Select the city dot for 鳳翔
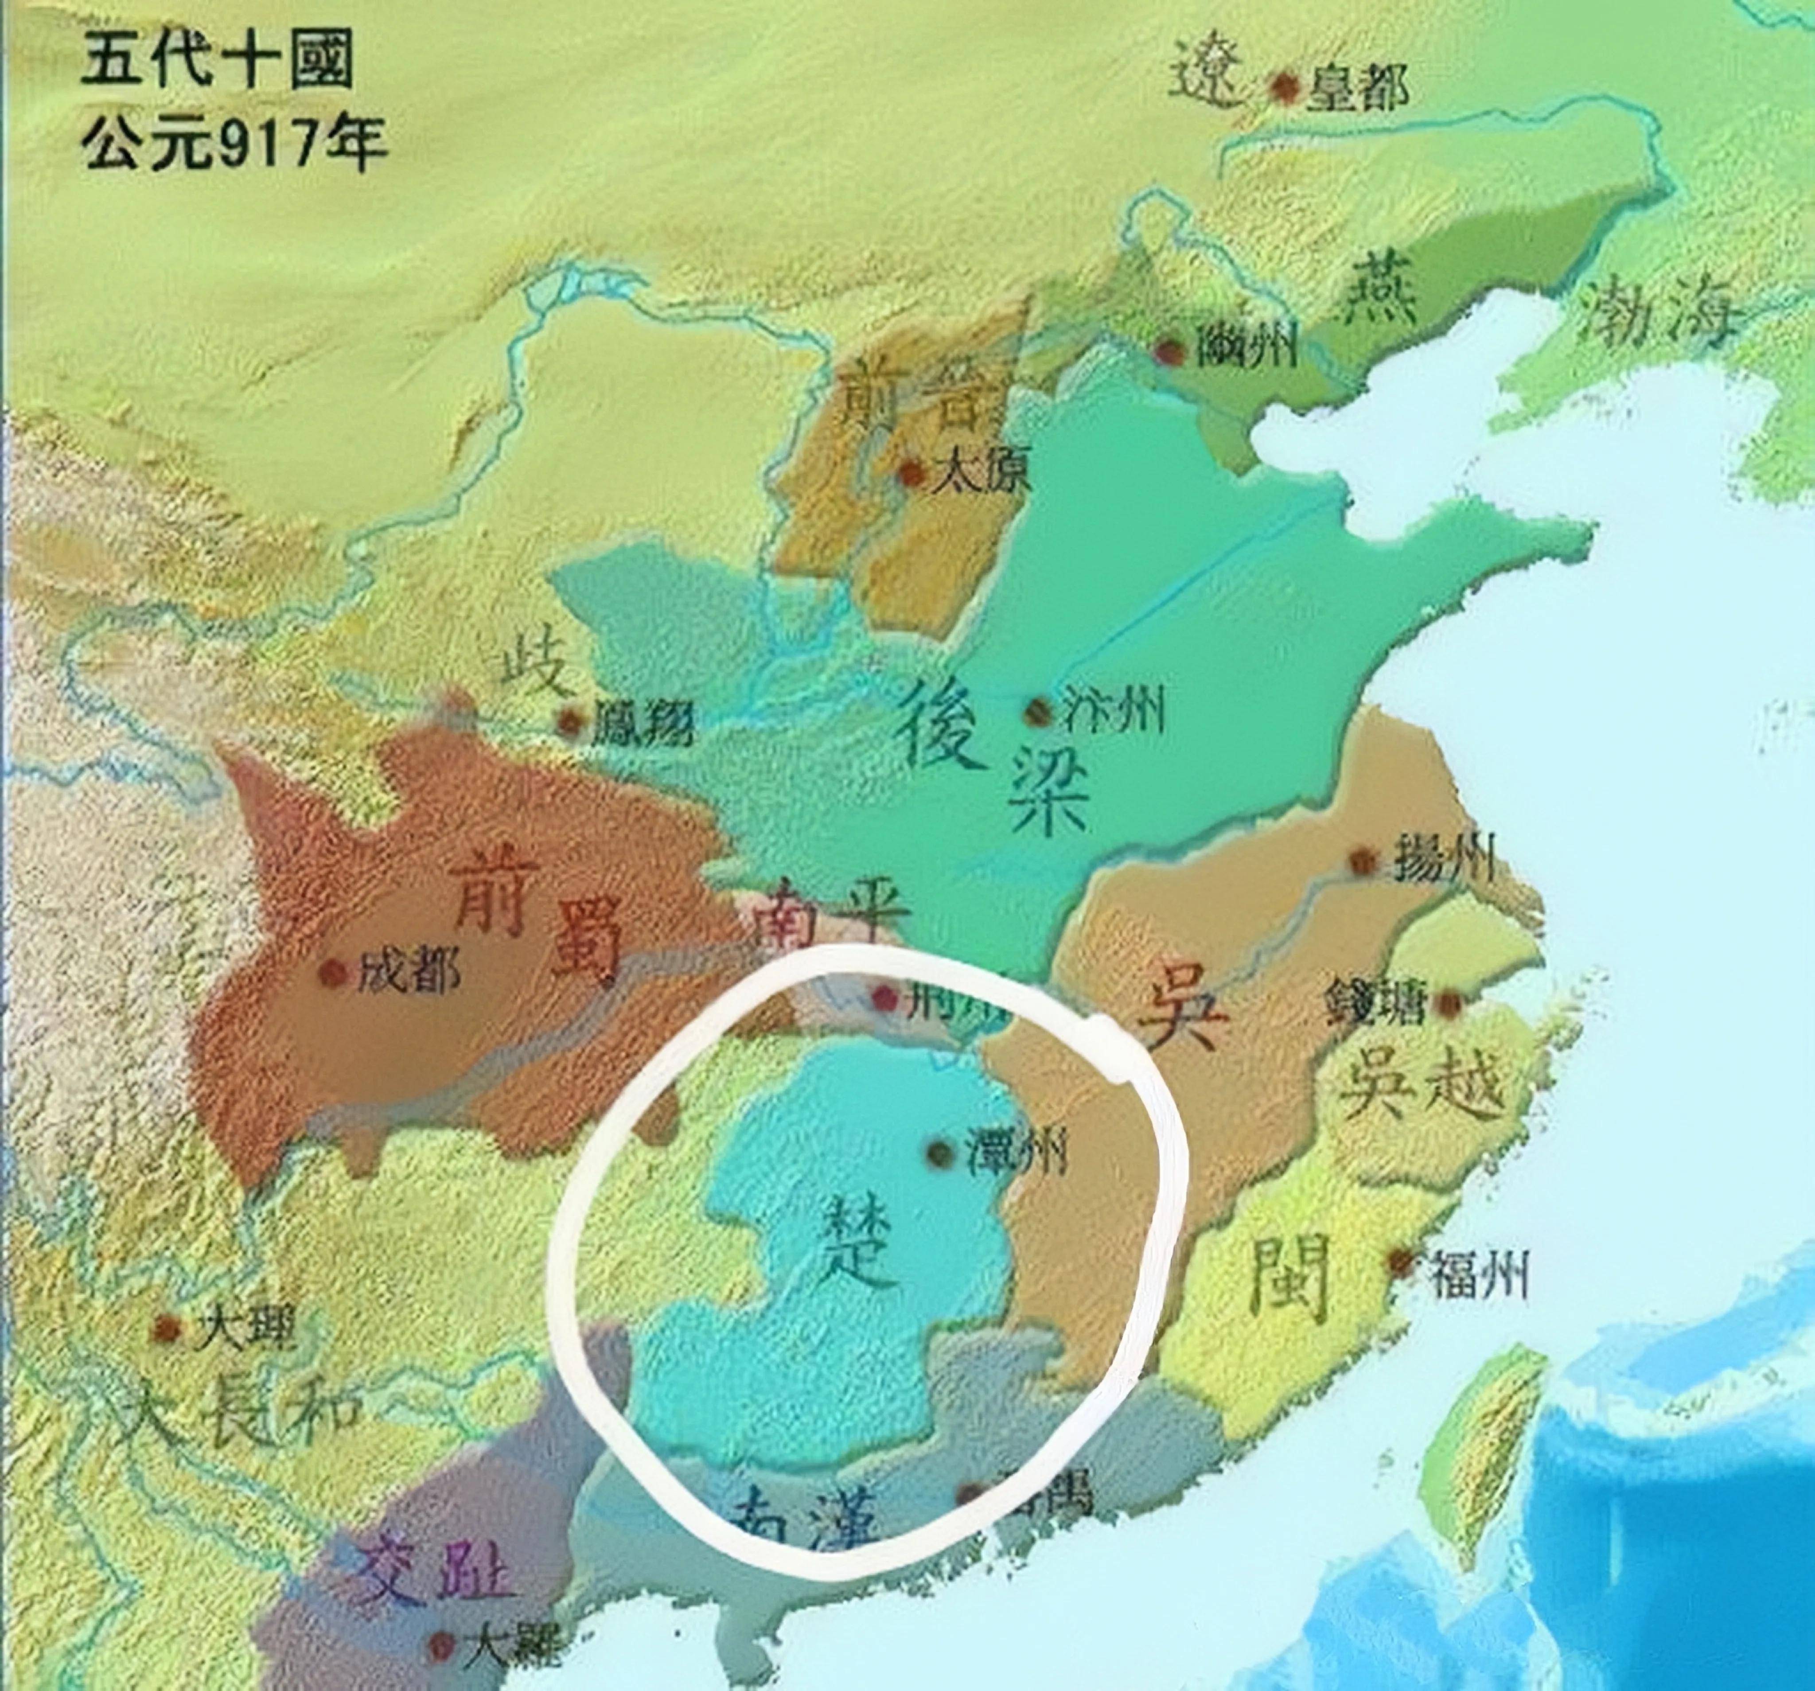(x=571, y=721)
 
